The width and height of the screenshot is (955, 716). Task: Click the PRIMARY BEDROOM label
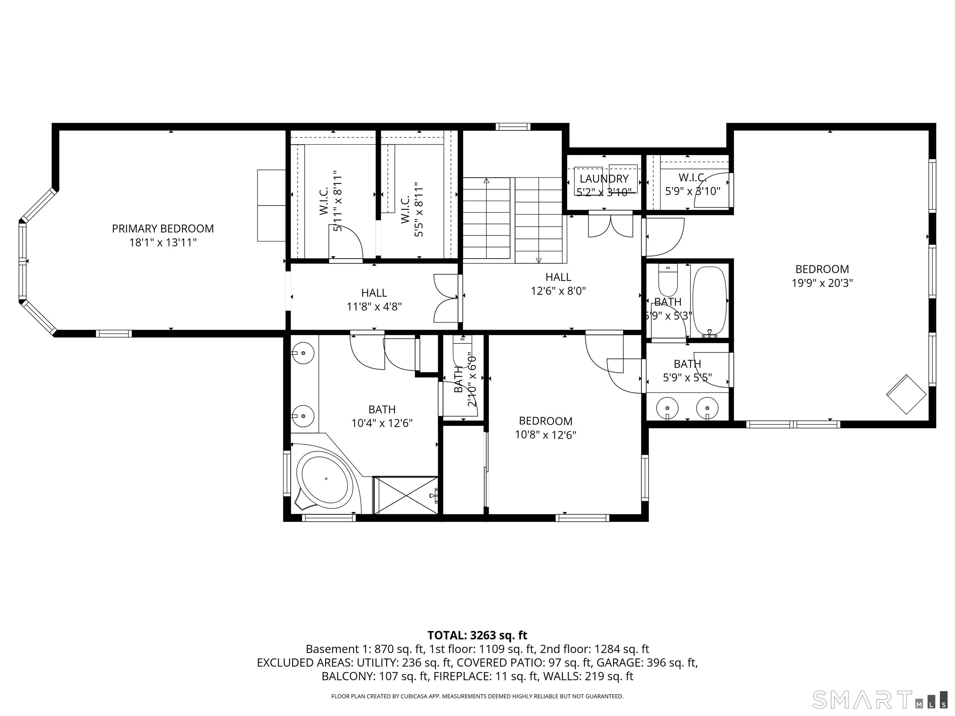coord(163,229)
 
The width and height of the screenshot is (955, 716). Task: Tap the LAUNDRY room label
coord(604,179)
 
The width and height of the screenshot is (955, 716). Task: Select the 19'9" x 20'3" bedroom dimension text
coord(822,283)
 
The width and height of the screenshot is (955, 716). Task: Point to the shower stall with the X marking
coord(405,495)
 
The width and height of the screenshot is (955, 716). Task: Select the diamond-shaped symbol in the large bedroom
coord(906,394)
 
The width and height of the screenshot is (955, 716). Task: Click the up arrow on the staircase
coord(487,181)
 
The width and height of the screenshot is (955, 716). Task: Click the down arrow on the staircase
coord(538,260)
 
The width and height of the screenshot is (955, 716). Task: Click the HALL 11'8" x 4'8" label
coord(374,300)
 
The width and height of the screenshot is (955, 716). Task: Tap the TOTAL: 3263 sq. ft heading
coord(477,635)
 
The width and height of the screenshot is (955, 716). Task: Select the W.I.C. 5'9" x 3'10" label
coord(692,184)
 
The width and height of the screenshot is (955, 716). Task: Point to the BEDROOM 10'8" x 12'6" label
coord(545,427)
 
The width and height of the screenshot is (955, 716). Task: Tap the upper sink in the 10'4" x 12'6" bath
coord(303,353)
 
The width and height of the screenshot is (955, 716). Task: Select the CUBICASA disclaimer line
coord(477,696)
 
